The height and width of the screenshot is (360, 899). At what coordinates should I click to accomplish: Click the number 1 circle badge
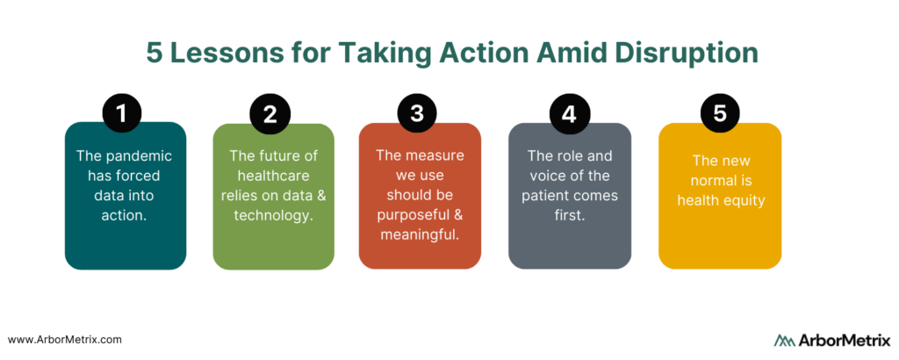[x=121, y=114]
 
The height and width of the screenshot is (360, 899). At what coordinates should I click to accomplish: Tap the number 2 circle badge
[x=270, y=114]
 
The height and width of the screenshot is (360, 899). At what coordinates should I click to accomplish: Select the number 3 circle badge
[x=417, y=113]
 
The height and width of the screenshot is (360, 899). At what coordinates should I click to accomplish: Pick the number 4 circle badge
[x=568, y=114]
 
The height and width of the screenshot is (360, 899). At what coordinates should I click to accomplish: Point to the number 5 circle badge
[x=720, y=113]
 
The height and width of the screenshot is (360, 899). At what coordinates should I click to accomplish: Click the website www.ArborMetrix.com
[x=65, y=339]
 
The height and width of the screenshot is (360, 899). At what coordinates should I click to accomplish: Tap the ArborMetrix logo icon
[x=785, y=340]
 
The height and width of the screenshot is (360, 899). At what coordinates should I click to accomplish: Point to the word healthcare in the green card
[x=274, y=175]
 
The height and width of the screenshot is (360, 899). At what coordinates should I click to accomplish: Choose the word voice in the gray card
[x=543, y=176]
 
